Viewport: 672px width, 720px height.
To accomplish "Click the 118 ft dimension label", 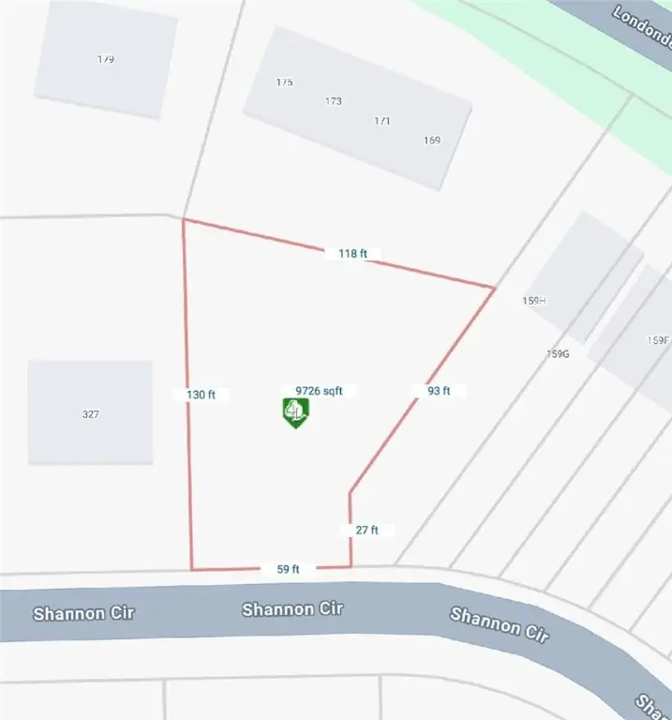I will pyautogui.click(x=352, y=253).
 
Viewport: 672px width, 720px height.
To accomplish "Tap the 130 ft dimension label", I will pyautogui.click(x=201, y=395).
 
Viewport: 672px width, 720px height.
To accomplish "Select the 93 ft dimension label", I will pyautogui.click(x=439, y=391).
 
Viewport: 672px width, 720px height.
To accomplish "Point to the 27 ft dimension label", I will pyautogui.click(x=366, y=530).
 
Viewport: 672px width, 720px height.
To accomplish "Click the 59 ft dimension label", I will pyautogui.click(x=288, y=568).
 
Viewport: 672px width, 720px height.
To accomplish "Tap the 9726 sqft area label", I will pyautogui.click(x=325, y=390).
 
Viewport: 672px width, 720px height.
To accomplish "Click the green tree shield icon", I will pyautogui.click(x=296, y=412).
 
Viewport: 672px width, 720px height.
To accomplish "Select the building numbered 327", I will pyautogui.click(x=91, y=412).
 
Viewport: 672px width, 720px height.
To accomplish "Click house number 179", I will pyautogui.click(x=106, y=59).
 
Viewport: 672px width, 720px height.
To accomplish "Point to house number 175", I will pyautogui.click(x=285, y=82).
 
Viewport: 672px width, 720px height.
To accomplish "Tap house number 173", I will pyautogui.click(x=334, y=101).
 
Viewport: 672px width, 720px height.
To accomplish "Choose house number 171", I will pyautogui.click(x=382, y=121).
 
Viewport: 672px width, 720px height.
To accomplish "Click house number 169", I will pyautogui.click(x=431, y=141).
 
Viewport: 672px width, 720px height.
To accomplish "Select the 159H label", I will pyautogui.click(x=533, y=300).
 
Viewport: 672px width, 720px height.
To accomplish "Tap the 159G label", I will pyautogui.click(x=558, y=353).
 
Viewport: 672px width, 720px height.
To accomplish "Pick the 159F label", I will pyautogui.click(x=659, y=340).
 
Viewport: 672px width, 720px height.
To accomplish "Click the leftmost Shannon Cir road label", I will pyautogui.click(x=83, y=614).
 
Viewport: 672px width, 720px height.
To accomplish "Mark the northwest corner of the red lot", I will pyautogui.click(x=184, y=220).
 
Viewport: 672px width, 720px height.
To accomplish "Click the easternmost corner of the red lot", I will pyautogui.click(x=494, y=287).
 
